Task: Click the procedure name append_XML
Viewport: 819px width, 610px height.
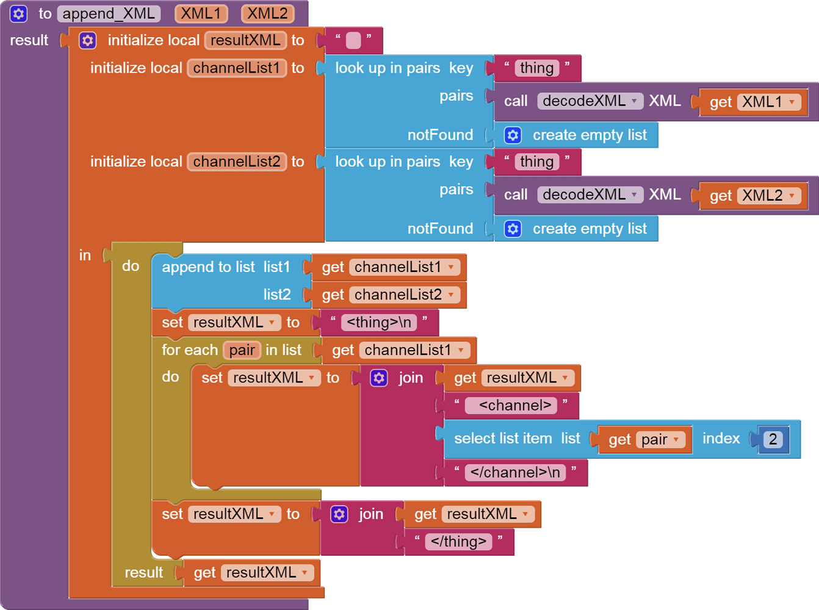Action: (109, 13)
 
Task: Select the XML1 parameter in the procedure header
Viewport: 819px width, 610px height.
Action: (201, 13)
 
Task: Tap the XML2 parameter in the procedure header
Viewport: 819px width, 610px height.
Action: (267, 13)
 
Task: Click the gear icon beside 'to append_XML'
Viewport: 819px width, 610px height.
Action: (19, 13)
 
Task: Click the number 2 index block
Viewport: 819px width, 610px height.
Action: (773, 439)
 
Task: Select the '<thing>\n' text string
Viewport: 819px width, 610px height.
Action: (378, 322)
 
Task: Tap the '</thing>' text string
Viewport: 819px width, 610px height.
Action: (458, 542)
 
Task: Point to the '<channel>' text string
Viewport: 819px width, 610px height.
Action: (515, 406)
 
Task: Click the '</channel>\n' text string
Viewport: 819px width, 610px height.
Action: (515, 473)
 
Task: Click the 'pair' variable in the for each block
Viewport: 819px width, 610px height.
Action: (242, 350)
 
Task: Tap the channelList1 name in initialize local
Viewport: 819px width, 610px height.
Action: (236, 68)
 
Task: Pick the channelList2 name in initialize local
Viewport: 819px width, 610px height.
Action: (236, 162)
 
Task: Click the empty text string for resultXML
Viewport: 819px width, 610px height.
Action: (353, 40)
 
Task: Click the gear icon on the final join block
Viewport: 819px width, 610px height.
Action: (339, 514)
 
